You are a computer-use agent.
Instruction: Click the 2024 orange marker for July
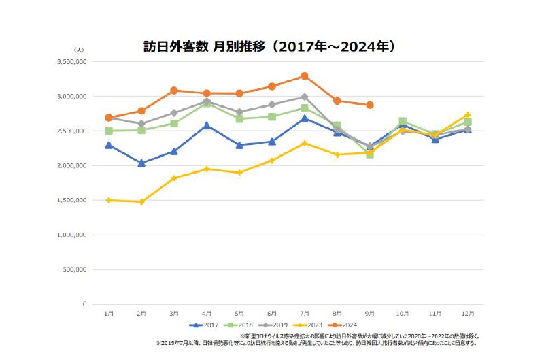(305, 76)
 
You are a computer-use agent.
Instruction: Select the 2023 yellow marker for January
(109, 200)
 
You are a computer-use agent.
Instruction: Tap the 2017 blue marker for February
(141, 163)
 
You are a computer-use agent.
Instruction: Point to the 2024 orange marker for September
(370, 105)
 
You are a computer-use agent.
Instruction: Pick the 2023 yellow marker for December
(467, 114)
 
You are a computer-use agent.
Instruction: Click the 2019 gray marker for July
(305, 97)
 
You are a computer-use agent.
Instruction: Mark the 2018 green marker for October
(403, 121)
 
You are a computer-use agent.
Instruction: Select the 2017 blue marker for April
(207, 125)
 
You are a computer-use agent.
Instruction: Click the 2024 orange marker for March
(174, 91)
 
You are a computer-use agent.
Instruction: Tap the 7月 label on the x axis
(305, 313)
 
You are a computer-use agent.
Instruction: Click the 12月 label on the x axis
(467, 313)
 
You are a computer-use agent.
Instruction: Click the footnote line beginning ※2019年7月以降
(316, 343)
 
